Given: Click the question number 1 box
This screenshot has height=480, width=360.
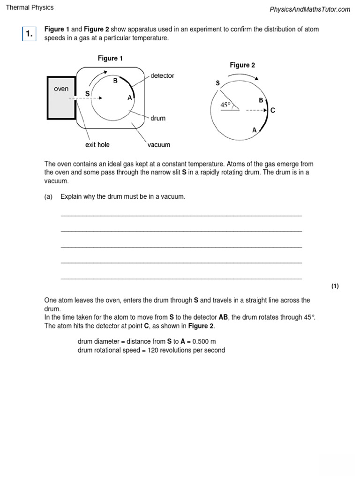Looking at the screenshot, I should click(x=29, y=34).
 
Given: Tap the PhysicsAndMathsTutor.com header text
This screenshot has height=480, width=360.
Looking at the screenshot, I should click(x=310, y=9).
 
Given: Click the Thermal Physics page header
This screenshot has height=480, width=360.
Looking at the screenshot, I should click(x=30, y=7).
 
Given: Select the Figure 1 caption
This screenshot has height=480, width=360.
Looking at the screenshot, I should click(x=110, y=58).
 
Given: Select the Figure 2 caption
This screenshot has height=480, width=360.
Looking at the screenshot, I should click(x=242, y=65).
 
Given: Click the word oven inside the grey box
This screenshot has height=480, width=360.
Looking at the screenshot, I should click(x=61, y=89).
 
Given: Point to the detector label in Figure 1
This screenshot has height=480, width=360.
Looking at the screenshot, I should click(x=162, y=75).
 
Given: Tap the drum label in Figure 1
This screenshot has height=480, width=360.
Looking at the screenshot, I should click(x=158, y=118).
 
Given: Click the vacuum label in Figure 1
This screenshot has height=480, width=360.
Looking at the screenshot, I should click(x=159, y=145).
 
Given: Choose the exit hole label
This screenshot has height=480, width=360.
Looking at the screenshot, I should click(x=97, y=145).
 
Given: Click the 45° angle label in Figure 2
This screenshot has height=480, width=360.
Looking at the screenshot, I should click(x=226, y=105).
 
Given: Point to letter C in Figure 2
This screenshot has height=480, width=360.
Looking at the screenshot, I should click(x=273, y=111).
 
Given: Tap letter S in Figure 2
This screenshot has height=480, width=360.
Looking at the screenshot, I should click(x=217, y=83).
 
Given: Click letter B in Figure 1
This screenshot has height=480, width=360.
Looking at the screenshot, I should click(x=115, y=81).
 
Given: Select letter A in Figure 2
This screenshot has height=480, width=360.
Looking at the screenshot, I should click(x=255, y=130).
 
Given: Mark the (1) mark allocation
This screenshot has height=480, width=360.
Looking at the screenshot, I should click(x=335, y=286).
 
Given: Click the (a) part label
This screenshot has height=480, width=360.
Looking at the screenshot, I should click(x=48, y=196).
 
